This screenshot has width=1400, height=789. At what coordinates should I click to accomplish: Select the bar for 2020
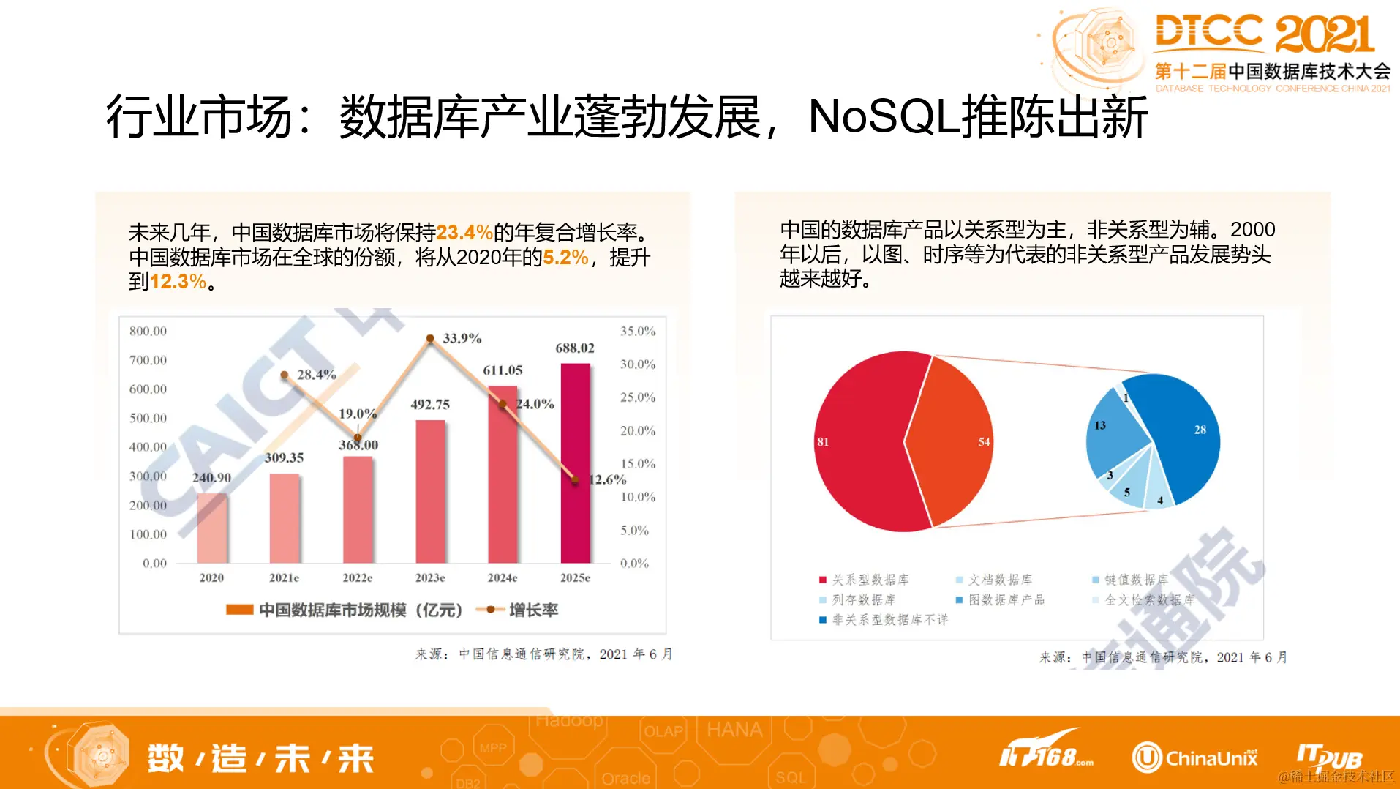[212, 528]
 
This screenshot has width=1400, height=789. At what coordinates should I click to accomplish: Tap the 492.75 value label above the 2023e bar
[430, 404]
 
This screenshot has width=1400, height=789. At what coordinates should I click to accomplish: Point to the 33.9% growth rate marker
[430, 338]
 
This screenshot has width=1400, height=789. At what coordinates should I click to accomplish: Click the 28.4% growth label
[317, 375]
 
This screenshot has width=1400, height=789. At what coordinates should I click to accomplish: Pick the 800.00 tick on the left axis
[148, 331]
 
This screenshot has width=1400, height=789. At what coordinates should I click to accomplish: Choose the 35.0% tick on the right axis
[638, 331]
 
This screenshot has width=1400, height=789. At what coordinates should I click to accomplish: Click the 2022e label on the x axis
[357, 577]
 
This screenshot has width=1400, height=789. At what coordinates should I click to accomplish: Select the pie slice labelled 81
[863, 441]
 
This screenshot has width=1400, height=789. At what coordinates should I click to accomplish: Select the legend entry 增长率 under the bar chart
[532, 610]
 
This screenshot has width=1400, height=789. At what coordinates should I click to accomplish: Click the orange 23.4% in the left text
[464, 233]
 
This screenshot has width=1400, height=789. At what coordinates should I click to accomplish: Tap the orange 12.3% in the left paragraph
[178, 282]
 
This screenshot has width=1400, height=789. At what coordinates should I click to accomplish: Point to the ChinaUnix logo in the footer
[1194, 758]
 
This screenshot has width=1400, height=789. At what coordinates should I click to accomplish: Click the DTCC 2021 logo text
[1264, 34]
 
